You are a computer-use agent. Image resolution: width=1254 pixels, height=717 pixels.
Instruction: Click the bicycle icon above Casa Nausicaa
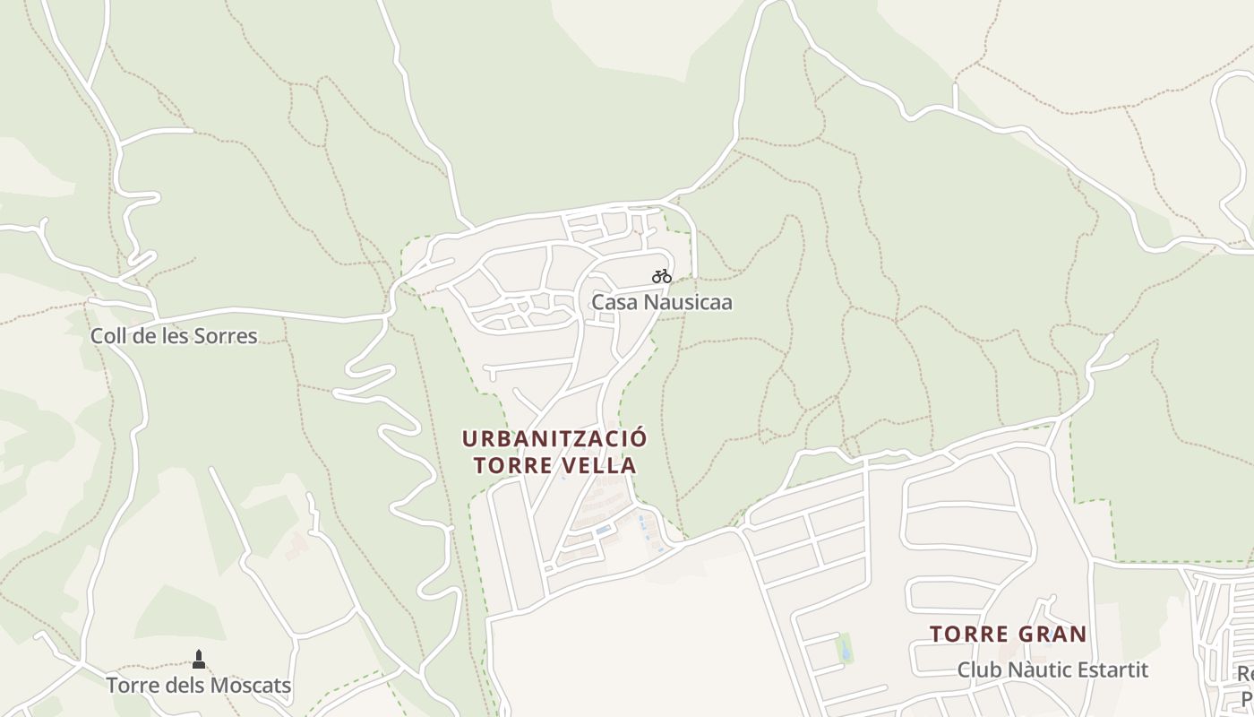point(662,276)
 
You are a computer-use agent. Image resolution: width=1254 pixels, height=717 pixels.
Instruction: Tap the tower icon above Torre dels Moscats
point(199,660)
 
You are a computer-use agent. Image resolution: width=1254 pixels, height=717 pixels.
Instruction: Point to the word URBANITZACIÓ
point(554,439)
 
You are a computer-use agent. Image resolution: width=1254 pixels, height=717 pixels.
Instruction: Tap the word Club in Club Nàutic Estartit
point(979,669)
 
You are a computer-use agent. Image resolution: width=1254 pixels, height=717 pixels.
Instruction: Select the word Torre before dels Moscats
point(132,686)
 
